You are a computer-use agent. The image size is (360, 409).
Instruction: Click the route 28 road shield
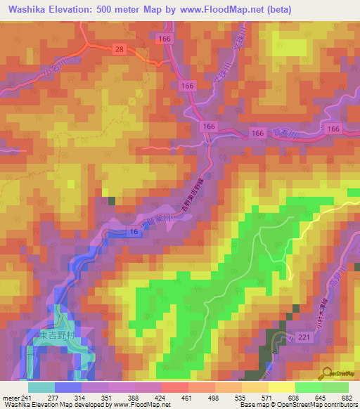[x=120, y=48]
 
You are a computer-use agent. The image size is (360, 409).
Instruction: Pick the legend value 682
[x=347, y=397]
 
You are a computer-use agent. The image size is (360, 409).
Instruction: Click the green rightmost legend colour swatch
[x=335, y=387]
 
